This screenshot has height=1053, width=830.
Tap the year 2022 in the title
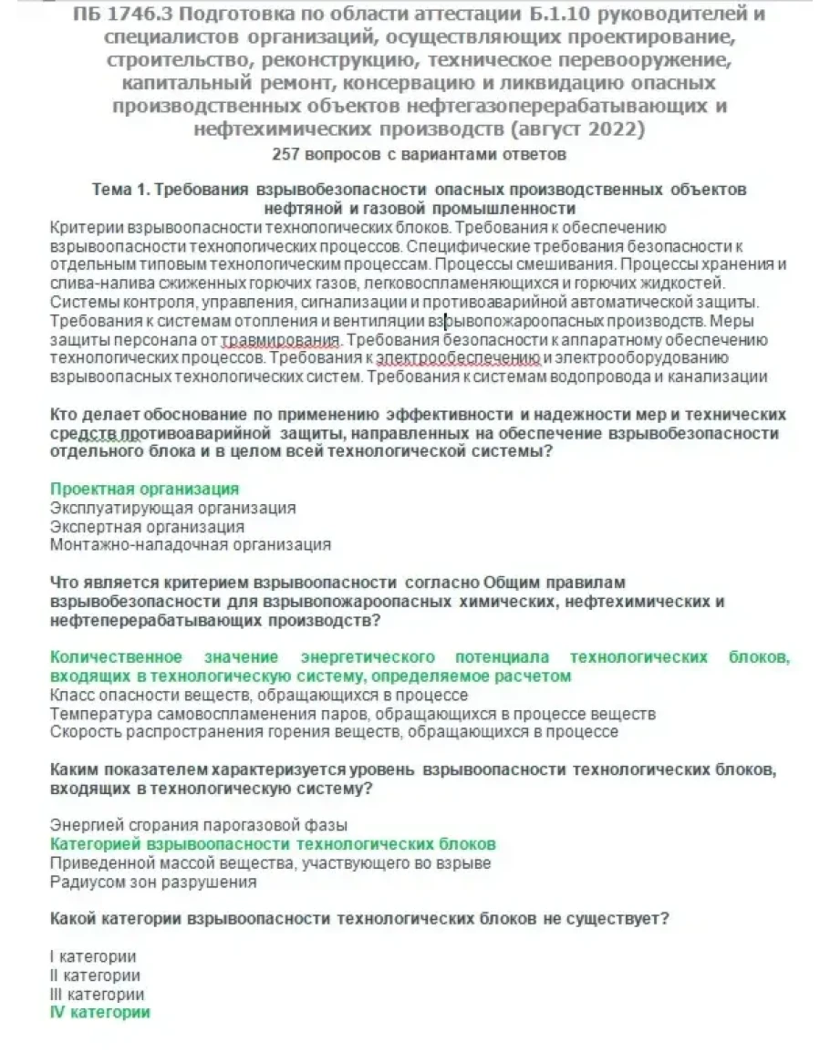[613, 129]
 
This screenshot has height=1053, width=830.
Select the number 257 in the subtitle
[287, 154]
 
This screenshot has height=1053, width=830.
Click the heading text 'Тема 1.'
[120, 190]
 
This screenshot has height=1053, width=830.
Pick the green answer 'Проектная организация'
[144, 490]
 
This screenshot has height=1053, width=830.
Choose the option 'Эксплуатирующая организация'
[172, 508]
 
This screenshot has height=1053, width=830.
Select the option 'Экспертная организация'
[147, 527]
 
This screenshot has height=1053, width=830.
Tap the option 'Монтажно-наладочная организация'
[190, 545]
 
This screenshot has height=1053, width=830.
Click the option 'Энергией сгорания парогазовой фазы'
[199, 825]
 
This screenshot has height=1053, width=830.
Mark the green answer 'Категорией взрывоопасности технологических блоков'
[273, 844]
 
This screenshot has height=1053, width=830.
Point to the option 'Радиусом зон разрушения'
[153, 882]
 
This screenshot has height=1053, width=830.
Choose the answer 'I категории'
[93, 956]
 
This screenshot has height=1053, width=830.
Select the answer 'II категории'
[95, 976]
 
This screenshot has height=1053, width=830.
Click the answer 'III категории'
[97, 994]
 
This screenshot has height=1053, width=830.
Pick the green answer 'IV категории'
[99, 1012]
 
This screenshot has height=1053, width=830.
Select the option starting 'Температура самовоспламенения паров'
[352, 713]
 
